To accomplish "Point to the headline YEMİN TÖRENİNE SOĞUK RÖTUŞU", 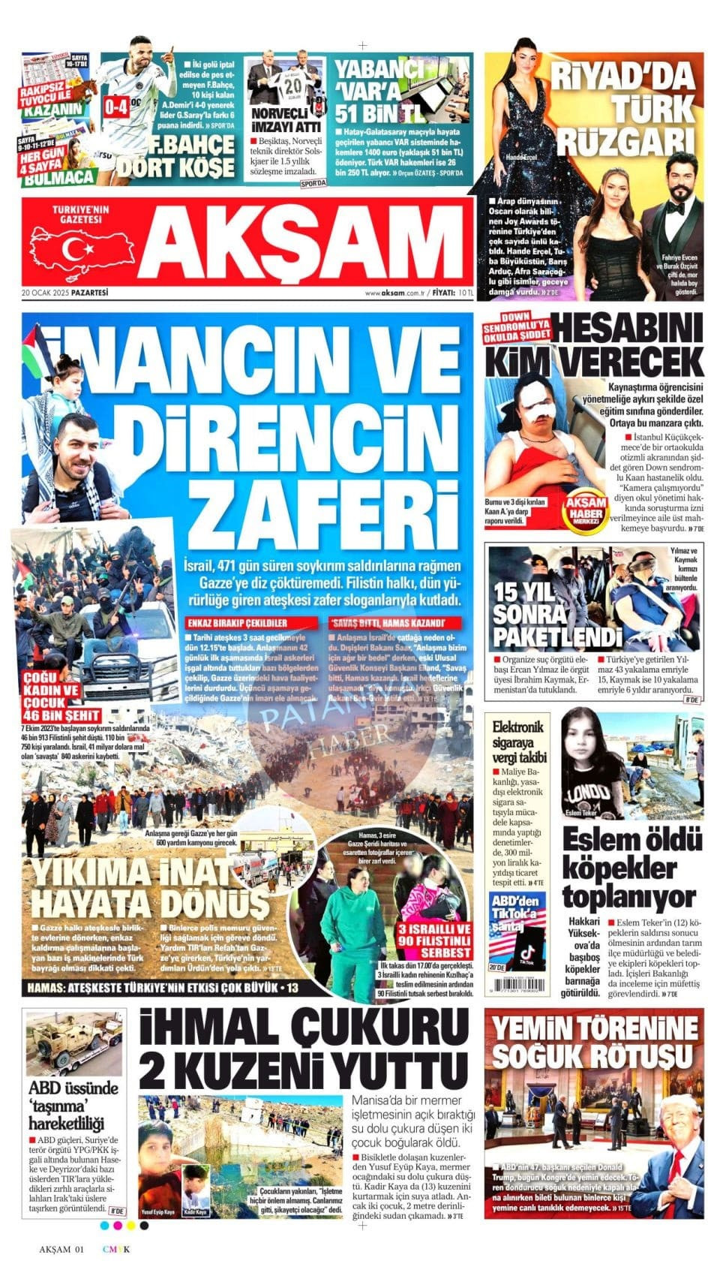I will click(592, 1043).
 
